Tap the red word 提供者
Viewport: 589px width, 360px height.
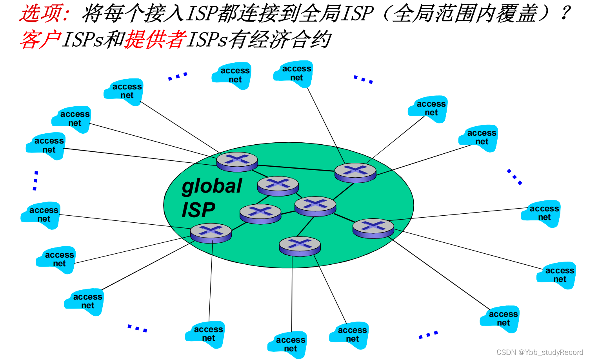(x=155, y=40)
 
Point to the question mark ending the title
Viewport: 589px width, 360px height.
(x=565, y=13)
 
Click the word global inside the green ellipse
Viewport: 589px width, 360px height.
(x=212, y=186)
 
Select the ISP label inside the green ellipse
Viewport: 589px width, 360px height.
(x=198, y=210)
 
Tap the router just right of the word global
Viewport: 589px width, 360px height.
(x=278, y=185)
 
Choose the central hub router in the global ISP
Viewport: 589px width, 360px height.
(x=315, y=206)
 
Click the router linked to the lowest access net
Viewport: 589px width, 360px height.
(x=300, y=246)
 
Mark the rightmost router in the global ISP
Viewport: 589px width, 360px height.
(x=373, y=228)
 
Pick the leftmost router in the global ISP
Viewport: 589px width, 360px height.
(x=211, y=233)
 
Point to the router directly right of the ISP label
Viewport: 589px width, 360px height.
(x=260, y=213)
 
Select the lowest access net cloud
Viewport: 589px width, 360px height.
(x=289, y=344)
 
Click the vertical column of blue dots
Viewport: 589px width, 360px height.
(x=36, y=180)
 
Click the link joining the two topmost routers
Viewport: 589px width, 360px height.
(x=296, y=168)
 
